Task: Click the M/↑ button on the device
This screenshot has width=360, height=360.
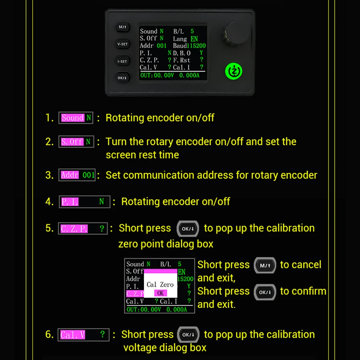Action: click(123, 27)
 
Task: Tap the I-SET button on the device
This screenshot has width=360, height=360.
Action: click(122, 61)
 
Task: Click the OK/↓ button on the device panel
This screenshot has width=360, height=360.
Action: click(122, 78)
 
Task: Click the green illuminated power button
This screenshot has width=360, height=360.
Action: click(234, 71)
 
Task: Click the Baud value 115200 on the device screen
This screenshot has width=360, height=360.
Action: click(196, 46)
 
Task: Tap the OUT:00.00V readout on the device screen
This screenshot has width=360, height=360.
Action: click(157, 75)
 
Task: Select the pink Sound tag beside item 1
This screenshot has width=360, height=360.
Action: click(73, 118)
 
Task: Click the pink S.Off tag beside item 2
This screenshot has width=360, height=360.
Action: click(72, 141)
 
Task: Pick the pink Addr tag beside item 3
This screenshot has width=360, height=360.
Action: click(70, 175)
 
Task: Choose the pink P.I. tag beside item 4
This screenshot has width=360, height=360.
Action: click(70, 202)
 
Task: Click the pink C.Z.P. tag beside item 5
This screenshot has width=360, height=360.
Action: click(74, 229)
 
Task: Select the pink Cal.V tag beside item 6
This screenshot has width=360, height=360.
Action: click(73, 335)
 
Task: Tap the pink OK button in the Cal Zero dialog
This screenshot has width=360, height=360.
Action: click(161, 293)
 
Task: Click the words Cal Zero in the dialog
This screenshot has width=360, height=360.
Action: click(160, 285)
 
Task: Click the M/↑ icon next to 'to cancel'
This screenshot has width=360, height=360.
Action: click(265, 265)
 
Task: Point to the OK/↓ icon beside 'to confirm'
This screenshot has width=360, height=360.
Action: click(265, 292)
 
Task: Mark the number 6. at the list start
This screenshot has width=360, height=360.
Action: click(49, 334)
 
